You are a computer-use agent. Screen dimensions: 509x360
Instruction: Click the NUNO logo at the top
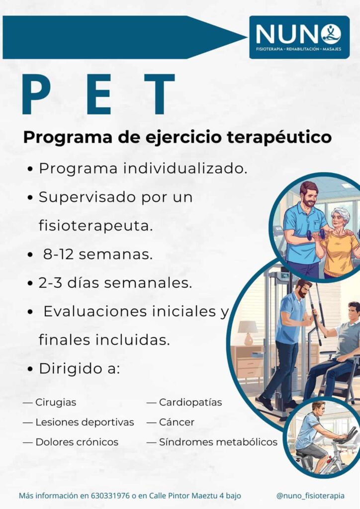click(x=298, y=37)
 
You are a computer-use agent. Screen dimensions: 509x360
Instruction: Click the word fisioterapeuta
click(x=95, y=226)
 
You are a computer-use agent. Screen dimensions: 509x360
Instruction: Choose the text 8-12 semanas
click(x=97, y=254)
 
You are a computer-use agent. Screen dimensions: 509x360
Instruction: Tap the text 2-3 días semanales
click(x=115, y=283)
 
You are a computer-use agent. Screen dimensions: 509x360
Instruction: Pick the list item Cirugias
click(x=56, y=402)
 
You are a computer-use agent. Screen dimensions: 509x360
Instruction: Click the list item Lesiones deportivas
click(x=85, y=422)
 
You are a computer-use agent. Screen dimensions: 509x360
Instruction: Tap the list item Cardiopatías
click(x=190, y=402)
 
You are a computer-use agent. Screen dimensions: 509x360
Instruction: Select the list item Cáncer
click(x=177, y=422)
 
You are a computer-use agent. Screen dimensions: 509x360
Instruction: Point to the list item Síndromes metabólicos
click(x=218, y=442)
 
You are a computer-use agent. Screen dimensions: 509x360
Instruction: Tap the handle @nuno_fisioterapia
click(x=310, y=496)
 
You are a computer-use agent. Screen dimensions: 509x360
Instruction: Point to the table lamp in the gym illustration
click(x=248, y=331)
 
